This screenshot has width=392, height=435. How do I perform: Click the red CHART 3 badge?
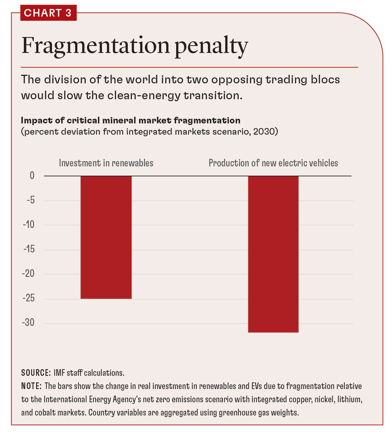coord(48,13)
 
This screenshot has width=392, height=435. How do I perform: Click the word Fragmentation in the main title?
coord(95,46)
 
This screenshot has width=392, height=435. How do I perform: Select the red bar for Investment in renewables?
coord(106,237)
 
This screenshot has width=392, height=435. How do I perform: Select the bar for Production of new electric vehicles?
coord(273,254)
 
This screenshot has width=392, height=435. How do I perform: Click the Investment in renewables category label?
coord(106,163)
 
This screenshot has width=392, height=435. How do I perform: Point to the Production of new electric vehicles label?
coord(273,163)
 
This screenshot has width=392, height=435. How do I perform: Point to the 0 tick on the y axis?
coord(32,176)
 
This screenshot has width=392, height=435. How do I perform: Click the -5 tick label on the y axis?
coord(30,200)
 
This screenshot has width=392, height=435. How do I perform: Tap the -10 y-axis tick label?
coord(29,224)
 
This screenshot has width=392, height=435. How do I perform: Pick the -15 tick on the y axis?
coord(29,249)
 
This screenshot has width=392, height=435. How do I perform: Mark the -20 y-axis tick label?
coord(28,273)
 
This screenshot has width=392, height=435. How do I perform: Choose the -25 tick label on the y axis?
coord(28,298)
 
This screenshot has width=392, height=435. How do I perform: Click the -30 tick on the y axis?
coord(28,322)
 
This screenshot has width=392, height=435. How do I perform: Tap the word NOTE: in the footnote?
coord(31,386)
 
